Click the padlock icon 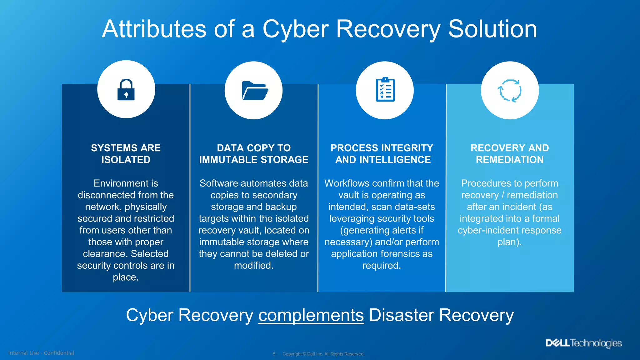click(126, 90)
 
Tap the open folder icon click(255, 91)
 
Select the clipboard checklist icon click(385, 90)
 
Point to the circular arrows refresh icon click(509, 91)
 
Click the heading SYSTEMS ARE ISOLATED click(126, 154)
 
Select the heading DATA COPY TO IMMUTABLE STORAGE click(254, 154)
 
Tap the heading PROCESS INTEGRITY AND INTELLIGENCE click(382, 154)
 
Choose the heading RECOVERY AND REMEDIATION click(510, 154)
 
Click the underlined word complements click(311, 315)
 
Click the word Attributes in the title click(154, 29)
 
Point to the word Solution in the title click(492, 29)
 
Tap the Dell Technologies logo click(584, 343)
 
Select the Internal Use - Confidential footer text click(41, 353)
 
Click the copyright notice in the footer click(323, 354)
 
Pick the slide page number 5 click(274, 354)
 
